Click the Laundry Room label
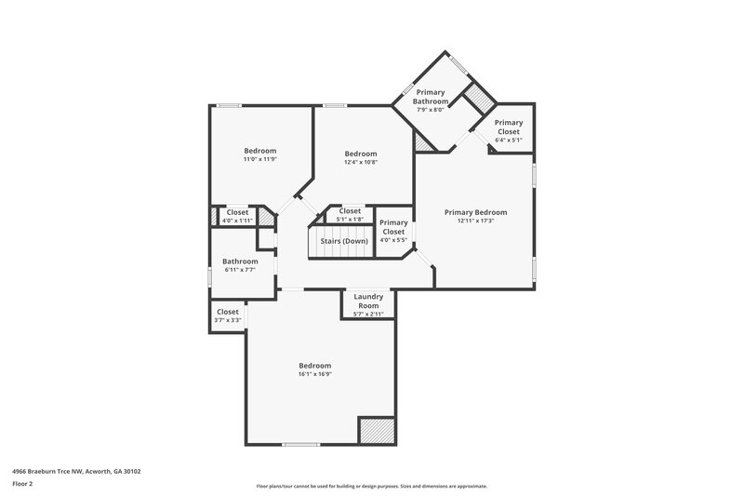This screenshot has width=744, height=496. click(x=368, y=301)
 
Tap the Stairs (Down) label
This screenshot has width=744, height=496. click(x=344, y=241)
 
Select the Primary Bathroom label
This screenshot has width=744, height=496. click(x=432, y=96)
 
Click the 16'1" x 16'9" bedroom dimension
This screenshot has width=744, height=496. click(x=314, y=375)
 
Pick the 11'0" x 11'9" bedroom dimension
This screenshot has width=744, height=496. click(x=260, y=159)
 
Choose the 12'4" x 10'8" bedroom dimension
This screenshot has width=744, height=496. click(x=360, y=162)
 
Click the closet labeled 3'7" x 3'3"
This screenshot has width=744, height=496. click(x=227, y=315)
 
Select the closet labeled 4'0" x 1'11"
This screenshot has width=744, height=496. click(x=237, y=216)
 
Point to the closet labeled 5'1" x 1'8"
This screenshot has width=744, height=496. click(x=350, y=215)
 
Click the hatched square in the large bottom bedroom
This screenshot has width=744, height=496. click(x=376, y=431)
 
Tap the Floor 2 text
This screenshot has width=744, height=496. click(x=22, y=485)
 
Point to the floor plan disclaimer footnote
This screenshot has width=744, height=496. click(x=371, y=486)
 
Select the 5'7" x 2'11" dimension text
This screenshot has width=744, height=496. click(x=368, y=314)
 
